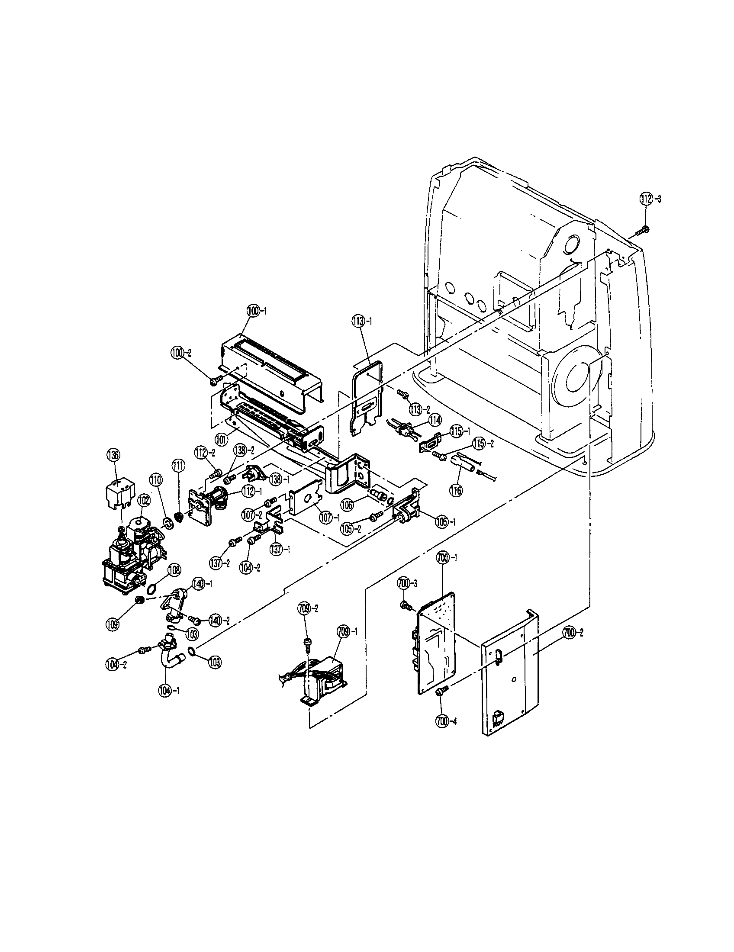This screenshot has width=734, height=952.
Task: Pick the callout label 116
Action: click(456, 490)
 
